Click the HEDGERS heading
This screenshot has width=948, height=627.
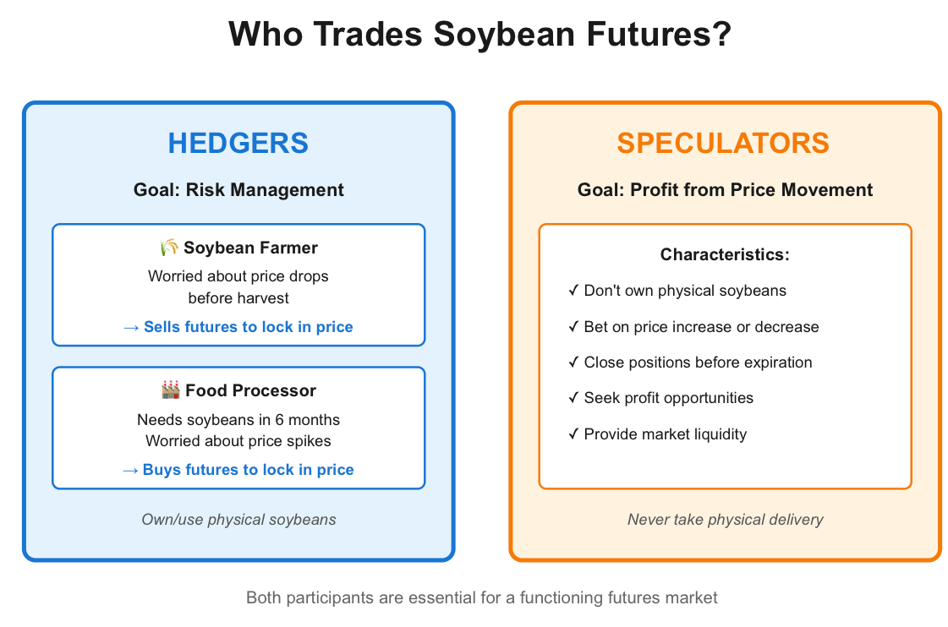pyautogui.click(x=238, y=143)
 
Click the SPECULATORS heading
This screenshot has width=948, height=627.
pyautogui.click(x=723, y=143)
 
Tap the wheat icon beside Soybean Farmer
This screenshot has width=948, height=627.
pyautogui.click(x=168, y=247)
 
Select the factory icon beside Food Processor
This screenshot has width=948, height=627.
pyautogui.click(x=171, y=390)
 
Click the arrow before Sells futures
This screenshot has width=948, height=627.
pyautogui.click(x=131, y=328)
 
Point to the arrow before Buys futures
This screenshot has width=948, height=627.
pyautogui.click(x=130, y=471)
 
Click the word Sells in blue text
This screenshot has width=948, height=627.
pyautogui.click(x=162, y=327)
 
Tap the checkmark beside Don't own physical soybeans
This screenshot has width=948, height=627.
pyautogui.click(x=573, y=291)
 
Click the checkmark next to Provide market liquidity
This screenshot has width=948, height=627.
pyautogui.click(x=573, y=433)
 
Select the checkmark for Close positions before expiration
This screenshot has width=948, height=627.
pyautogui.click(x=573, y=362)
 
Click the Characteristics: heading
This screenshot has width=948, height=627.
pyautogui.click(x=725, y=254)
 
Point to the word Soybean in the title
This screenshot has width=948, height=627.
pyautogui.click(x=504, y=34)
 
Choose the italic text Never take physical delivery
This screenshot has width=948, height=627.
pyautogui.click(x=725, y=520)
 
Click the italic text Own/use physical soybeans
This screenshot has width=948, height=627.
pyautogui.click(x=238, y=520)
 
